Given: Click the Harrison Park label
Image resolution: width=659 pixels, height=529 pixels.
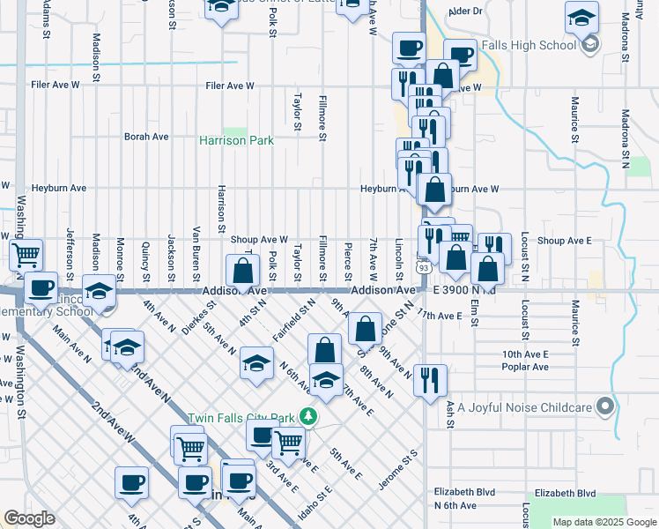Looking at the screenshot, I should [236, 140].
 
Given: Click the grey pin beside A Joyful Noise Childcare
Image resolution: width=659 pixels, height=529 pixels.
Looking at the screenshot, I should [604, 406].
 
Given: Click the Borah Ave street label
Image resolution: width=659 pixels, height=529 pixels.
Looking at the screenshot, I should [146, 137].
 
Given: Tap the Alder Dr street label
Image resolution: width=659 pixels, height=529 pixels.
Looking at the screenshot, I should [466, 11].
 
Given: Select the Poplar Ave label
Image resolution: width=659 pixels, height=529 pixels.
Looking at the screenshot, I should [528, 367].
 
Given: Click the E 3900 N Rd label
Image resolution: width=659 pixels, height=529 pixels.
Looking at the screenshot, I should [464, 290].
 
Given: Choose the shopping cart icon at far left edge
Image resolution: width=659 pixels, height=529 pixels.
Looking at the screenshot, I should [26, 255].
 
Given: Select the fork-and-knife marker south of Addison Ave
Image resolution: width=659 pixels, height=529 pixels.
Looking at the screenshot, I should [430, 380].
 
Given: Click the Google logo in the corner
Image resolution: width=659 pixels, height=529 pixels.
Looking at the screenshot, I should [30, 518].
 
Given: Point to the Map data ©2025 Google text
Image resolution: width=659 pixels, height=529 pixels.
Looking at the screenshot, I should [604, 522].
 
